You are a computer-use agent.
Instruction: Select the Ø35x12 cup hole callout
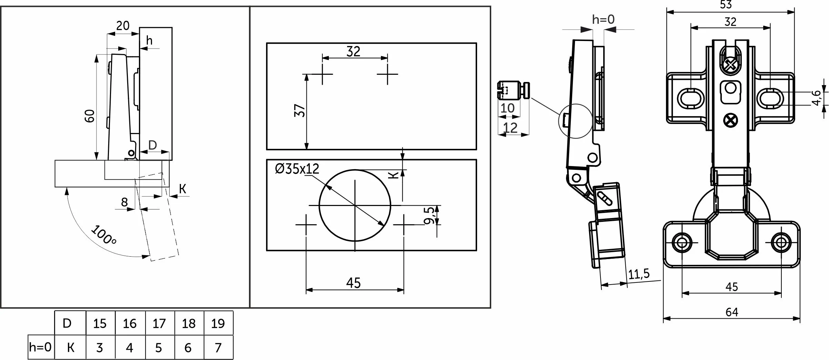[297, 169]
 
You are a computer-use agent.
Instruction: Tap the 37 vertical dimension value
[300, 111]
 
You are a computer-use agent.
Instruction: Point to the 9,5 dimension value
[429, 215]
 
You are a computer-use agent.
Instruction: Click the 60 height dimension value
[90, 116]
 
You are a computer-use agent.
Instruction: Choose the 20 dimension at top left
[122, 25]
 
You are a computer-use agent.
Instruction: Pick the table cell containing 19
[218, 323]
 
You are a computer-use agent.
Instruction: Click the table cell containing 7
[218, 347]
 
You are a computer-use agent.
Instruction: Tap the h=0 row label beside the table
[41, 347]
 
